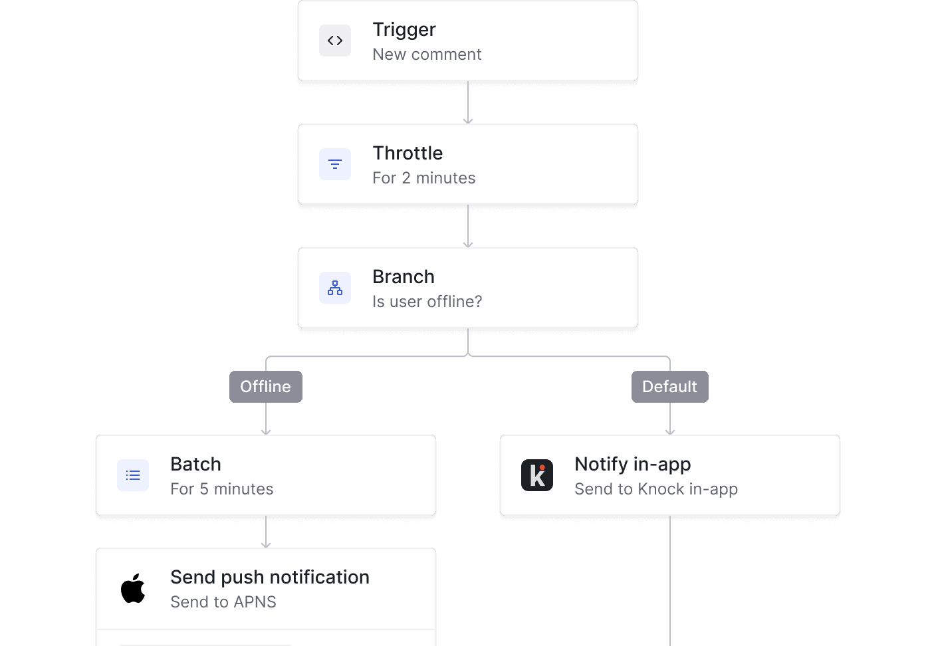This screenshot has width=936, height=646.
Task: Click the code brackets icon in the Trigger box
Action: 335,41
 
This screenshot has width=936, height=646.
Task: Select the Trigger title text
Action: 404,29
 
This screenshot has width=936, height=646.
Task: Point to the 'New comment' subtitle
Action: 426,54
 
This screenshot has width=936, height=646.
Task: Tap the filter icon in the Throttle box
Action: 335,164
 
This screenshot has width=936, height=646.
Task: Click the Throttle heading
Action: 407,153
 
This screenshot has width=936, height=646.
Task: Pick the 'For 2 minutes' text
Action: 423,178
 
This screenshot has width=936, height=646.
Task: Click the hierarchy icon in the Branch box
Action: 335,288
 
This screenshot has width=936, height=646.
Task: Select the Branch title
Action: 403,276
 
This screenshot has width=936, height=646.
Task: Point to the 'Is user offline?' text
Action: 427,302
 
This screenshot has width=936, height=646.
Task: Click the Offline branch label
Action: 265,387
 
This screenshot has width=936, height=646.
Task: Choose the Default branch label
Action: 669,387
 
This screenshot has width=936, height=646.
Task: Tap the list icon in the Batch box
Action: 133,475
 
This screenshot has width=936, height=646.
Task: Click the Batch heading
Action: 195,464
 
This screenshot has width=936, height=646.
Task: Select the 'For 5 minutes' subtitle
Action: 221,489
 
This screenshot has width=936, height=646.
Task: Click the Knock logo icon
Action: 537,475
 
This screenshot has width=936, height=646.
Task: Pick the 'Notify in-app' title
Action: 632,464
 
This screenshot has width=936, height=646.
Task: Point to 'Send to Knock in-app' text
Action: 655,489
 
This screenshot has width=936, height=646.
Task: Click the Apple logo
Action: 133,588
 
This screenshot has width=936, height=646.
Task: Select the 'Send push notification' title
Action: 269,577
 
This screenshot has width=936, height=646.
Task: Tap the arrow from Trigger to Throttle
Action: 468,103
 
